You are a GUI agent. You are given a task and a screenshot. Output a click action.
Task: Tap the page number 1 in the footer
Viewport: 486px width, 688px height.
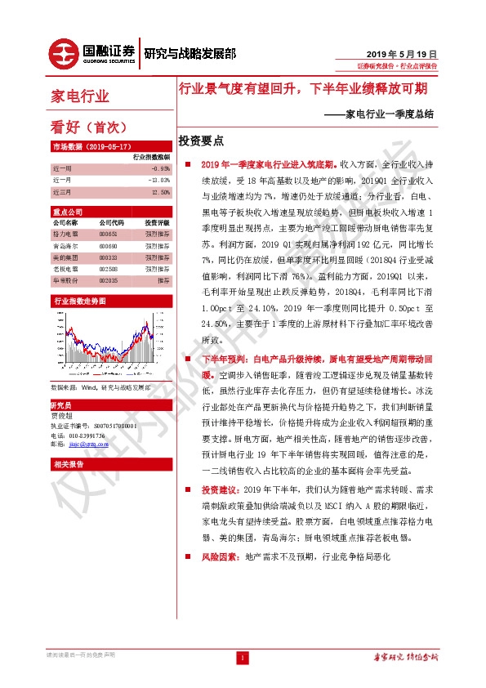242,658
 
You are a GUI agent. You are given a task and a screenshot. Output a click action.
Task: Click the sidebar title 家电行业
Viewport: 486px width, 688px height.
80,96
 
